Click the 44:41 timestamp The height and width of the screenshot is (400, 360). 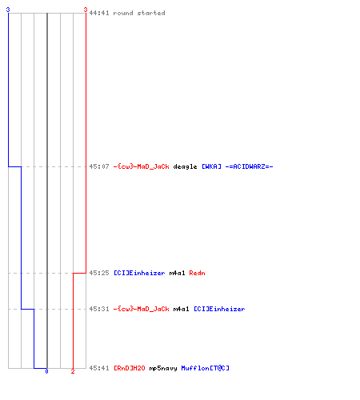click(99, 13)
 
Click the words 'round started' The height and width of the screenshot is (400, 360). click(139, 13)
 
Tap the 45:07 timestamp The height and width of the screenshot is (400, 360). click(99, 166)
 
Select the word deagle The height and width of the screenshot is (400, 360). click(185, 167)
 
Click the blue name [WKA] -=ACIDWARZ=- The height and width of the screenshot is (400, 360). click(238, 166)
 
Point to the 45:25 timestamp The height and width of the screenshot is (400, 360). click(99, 273)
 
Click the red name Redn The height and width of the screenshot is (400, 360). click(197, 273)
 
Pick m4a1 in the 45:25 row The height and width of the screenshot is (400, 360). click(177, 273)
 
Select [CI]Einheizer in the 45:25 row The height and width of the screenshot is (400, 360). click(139, 273)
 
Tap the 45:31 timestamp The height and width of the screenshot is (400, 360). click(99, 309)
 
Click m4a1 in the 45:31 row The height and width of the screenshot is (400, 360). click(181, 309)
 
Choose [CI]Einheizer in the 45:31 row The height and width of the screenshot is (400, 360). click(219, 309)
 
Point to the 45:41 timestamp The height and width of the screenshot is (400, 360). click(99, 368)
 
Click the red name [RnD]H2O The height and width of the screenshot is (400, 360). click(130, 368)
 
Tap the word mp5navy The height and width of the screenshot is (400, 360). click(163, 369)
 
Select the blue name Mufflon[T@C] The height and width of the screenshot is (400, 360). click(206, 368)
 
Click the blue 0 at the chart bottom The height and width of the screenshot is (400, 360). click(46, 371)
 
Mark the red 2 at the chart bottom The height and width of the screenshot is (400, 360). click(73, 371)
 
